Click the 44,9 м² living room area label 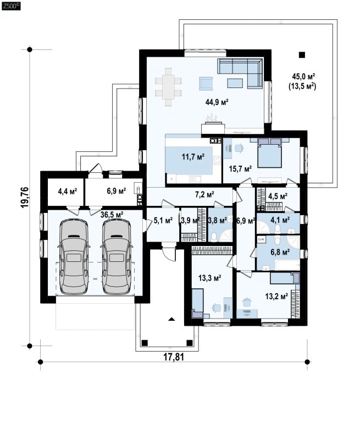click(217, 102)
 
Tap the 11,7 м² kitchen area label click(193, 157)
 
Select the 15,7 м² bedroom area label click(240, 169)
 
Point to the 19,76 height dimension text click(25, 198)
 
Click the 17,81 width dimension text click(174, 357)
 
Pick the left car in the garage click(74, 257)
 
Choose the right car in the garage click(117, 257)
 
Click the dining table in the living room click(168, 87)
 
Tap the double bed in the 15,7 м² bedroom click(269, 152)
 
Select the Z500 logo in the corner click(11, 6)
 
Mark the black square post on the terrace click(302, 55)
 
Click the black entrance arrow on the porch click(171, 319)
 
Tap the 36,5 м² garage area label click(112, 215)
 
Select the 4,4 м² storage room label click(68, 191)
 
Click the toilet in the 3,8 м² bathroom click(214, 237)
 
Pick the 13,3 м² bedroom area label click(209, 278)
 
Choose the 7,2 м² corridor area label click(204, 194)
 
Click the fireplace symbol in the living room click(213, 125)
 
